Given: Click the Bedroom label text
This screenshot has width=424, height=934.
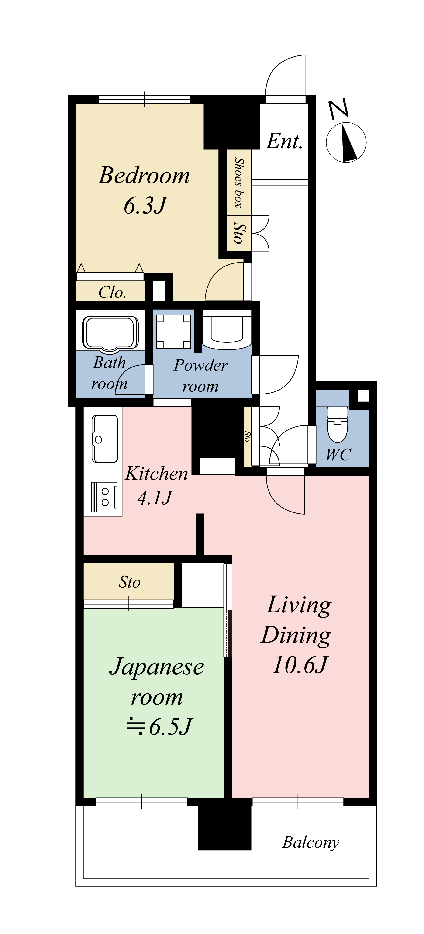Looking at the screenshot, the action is [x=144, y=176].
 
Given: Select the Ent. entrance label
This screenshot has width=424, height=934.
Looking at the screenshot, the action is [x=284, y=141].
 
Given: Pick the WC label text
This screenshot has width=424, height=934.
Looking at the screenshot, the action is [x=338, y=455].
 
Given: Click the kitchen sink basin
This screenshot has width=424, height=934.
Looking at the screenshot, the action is [x=105, y=439].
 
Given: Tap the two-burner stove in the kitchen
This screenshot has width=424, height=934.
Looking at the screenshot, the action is [x=104, y=497].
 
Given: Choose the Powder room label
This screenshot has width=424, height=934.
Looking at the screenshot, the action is [x=201, y=376].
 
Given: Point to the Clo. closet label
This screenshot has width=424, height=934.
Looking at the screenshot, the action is [x=113, y=292].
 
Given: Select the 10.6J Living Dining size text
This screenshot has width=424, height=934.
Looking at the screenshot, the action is [x=300, y=665].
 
